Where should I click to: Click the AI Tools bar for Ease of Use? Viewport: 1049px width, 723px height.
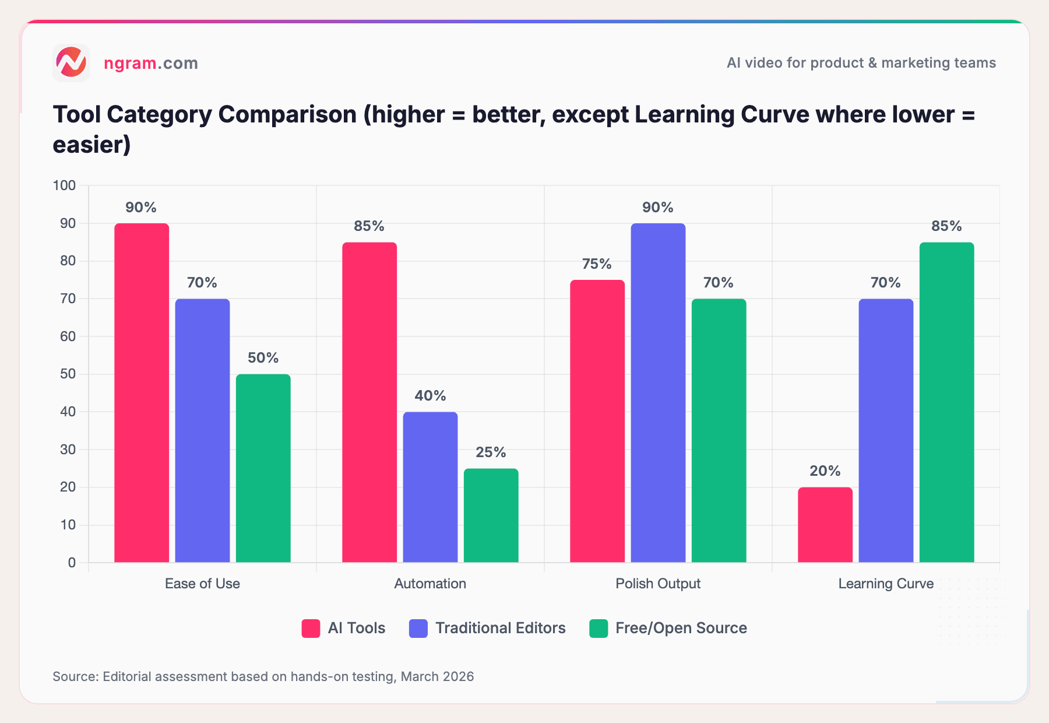(x=142, y=394)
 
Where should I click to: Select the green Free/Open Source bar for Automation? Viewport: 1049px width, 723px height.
(x=491, y=515)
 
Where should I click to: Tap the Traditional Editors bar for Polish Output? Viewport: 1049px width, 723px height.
(x=658, y=394)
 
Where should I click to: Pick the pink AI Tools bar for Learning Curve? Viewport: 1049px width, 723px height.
(x=825, y=525)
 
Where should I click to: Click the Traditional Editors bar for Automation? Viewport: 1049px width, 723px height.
(x=430, y=487)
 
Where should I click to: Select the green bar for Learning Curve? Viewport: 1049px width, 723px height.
(x=946, y=402)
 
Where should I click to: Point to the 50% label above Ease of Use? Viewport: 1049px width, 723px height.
(x=263, y=358)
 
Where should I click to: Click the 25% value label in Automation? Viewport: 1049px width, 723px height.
(x=491, y=452)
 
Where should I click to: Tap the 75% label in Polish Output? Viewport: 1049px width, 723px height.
(x=597, y=264)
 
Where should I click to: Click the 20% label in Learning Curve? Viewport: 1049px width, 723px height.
(x=825, y=471)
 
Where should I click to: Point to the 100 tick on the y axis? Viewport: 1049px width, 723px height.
(x=65, y=185)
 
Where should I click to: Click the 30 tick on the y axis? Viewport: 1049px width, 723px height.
(x=68, y=450)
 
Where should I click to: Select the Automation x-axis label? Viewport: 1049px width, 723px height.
(x=430, y=584)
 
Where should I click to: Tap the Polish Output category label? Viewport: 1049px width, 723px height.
(x=658, y=584)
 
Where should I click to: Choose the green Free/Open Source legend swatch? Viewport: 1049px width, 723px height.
(x=599, y=629)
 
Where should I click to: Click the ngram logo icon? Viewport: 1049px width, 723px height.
(x=71, y=62)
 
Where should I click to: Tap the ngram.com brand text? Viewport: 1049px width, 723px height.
(x=151, y=63)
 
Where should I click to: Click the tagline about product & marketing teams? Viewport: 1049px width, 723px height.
(x=861, y=63)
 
